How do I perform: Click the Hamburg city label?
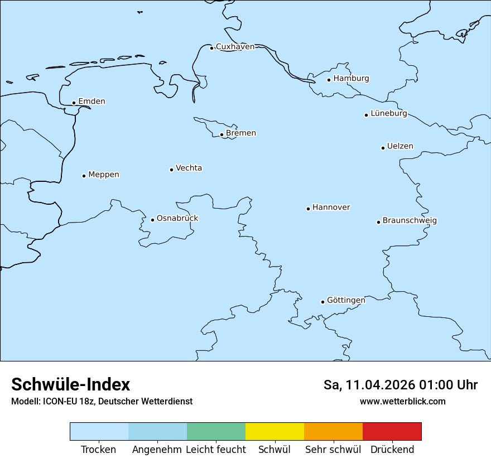coord(351,79)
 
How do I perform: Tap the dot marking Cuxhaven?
coord(211,48)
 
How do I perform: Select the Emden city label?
coord(92,102)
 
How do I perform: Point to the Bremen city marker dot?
coord(222,134)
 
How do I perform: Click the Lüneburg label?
coord(388,113)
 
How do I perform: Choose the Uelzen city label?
coord(400,146)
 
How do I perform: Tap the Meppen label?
coord(103,175)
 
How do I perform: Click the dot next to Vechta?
coord(171,170)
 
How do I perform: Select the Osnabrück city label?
coord(177,218)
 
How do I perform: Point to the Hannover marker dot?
coord(308,209)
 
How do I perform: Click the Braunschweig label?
coord(410,220)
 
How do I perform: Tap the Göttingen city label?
coord(346,300)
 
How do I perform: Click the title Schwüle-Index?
coord(71,384)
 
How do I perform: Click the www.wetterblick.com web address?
coord(402,402)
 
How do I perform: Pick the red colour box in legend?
coord(392,431)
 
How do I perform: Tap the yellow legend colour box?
coord(275,431)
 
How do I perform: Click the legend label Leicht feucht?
coord(215,450)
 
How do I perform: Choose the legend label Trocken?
coord(98,450)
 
